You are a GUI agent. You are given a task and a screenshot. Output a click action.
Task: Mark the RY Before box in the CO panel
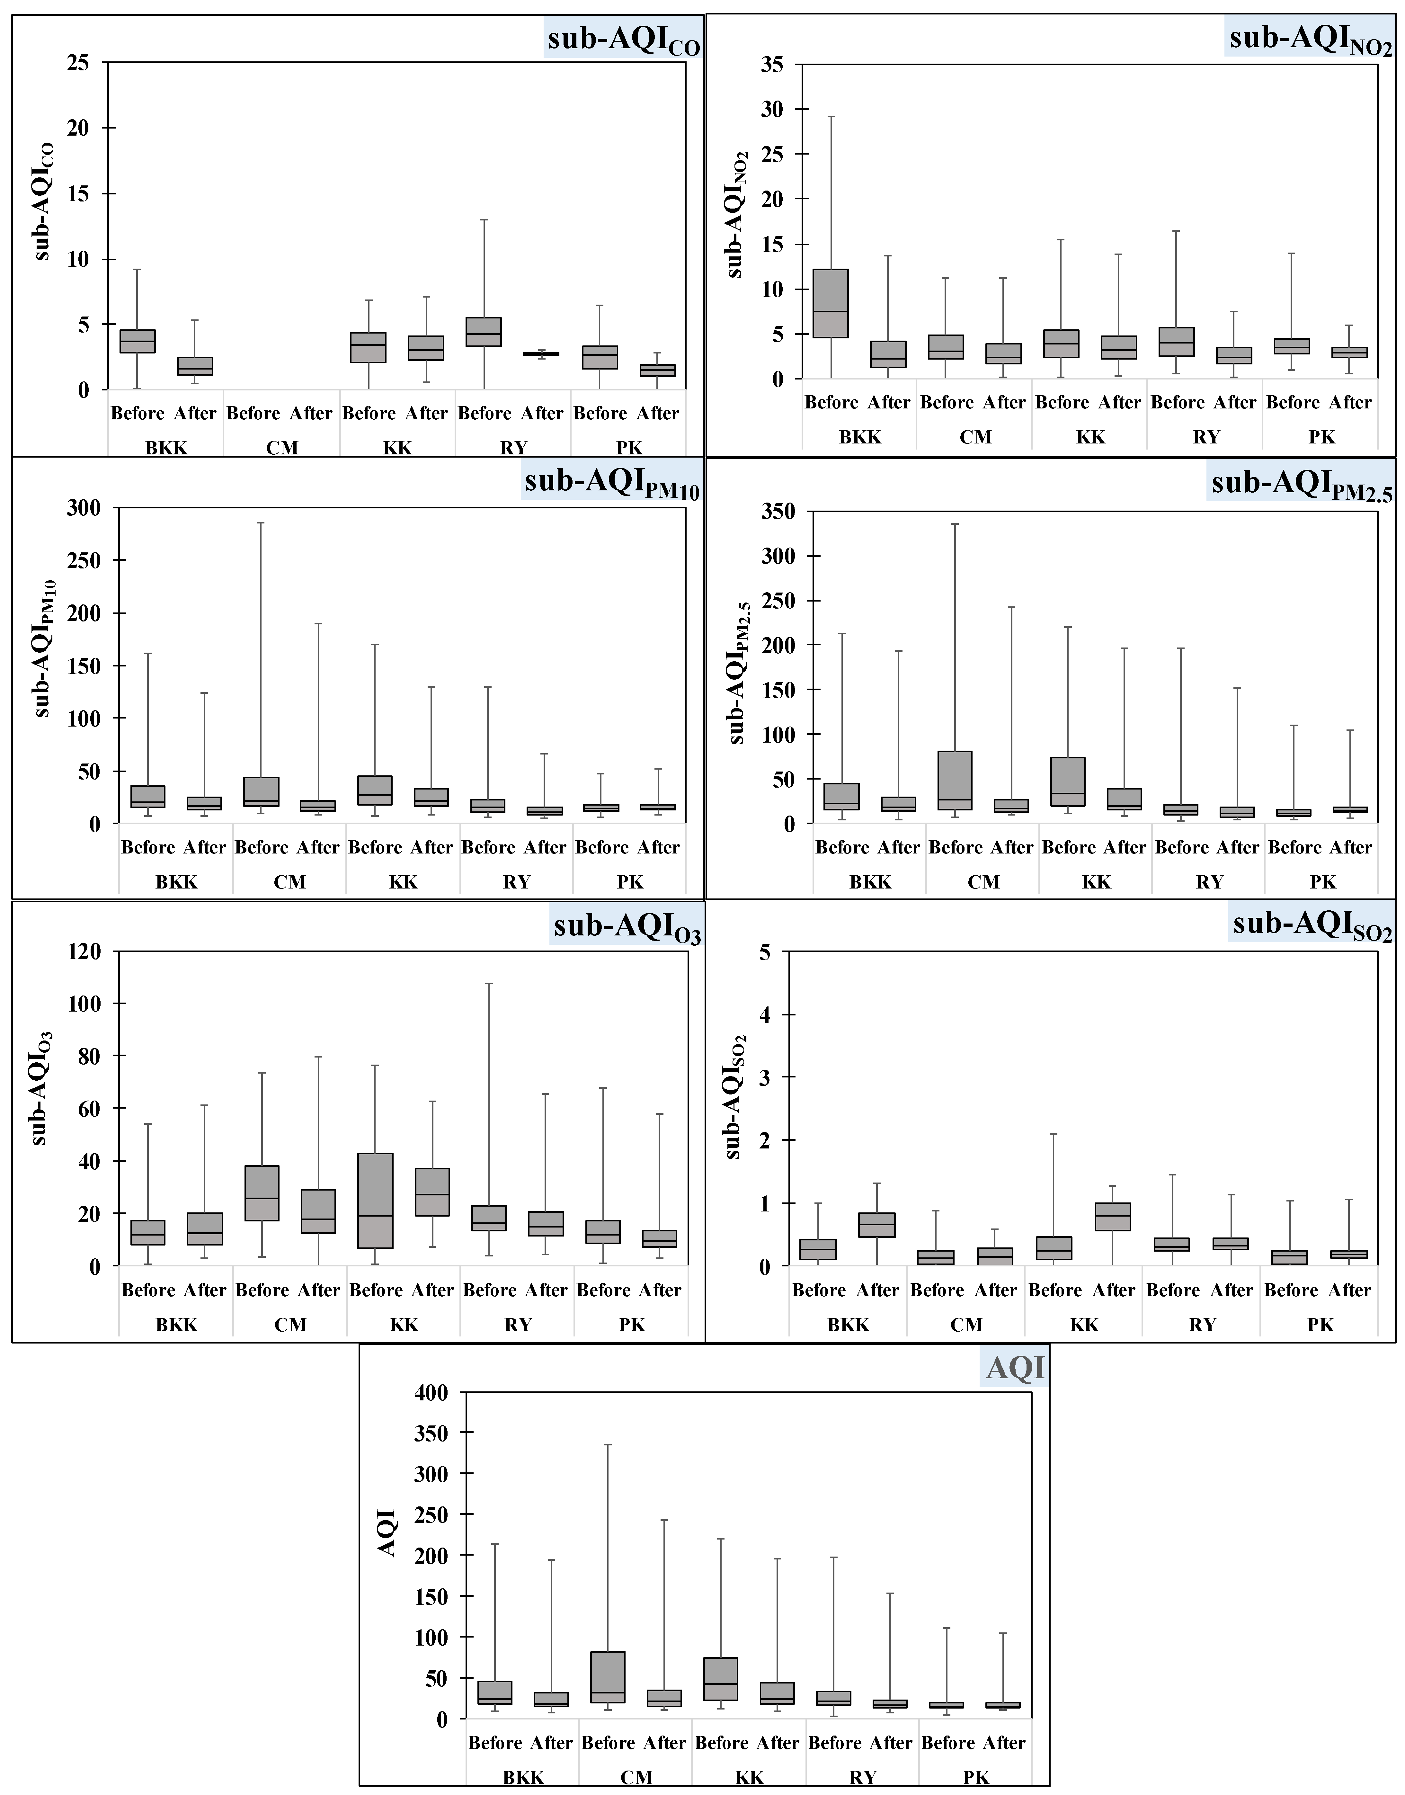point(484,332)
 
